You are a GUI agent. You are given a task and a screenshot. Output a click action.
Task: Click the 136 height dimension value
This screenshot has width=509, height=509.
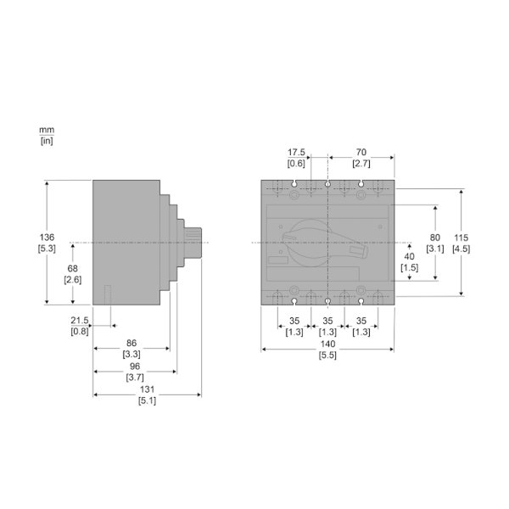[47, 238]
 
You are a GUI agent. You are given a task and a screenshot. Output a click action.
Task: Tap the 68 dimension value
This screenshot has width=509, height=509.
[72, 268]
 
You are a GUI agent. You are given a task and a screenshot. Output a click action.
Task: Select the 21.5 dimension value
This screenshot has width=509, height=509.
[80, 321]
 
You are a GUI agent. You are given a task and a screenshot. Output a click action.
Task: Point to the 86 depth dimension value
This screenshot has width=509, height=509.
[131, 343]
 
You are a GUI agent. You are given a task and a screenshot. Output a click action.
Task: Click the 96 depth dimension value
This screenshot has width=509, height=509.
[135, 366]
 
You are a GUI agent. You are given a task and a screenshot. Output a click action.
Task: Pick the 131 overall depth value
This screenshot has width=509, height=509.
[147, 389]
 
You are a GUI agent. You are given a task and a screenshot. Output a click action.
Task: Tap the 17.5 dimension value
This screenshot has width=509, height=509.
[296, 152]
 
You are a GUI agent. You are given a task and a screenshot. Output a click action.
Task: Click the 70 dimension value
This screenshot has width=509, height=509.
[361, 152]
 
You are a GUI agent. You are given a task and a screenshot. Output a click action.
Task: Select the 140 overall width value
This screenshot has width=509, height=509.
[327, 344]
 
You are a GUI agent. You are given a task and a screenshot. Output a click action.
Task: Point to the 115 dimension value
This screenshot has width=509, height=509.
[461, 238]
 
